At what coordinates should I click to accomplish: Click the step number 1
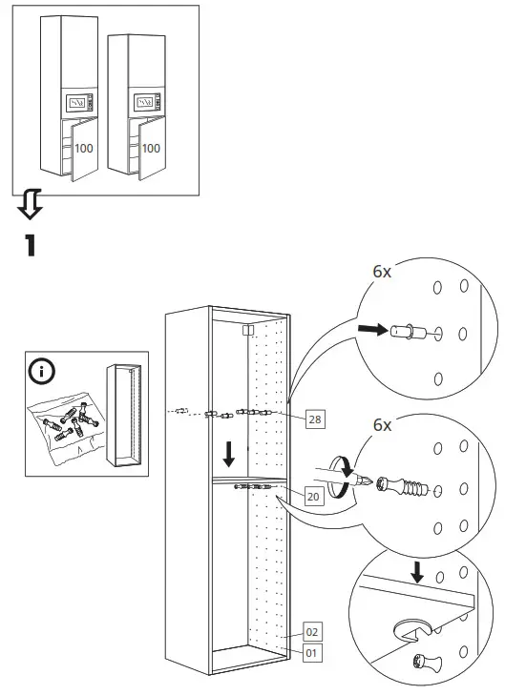coord(31,244)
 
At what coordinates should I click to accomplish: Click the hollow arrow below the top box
coord(31,201)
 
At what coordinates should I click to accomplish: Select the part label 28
coord(314,419)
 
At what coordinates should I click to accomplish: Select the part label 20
coord(313,495)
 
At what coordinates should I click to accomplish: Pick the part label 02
coord(311,631)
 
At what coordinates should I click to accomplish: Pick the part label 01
coord(311,653)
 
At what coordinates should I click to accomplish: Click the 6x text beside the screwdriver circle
coord(382,425)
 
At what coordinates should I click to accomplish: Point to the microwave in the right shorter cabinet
coord(144,100)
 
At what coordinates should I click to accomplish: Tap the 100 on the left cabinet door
coord(84,149)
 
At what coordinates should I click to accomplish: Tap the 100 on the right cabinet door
coord(151,148)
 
